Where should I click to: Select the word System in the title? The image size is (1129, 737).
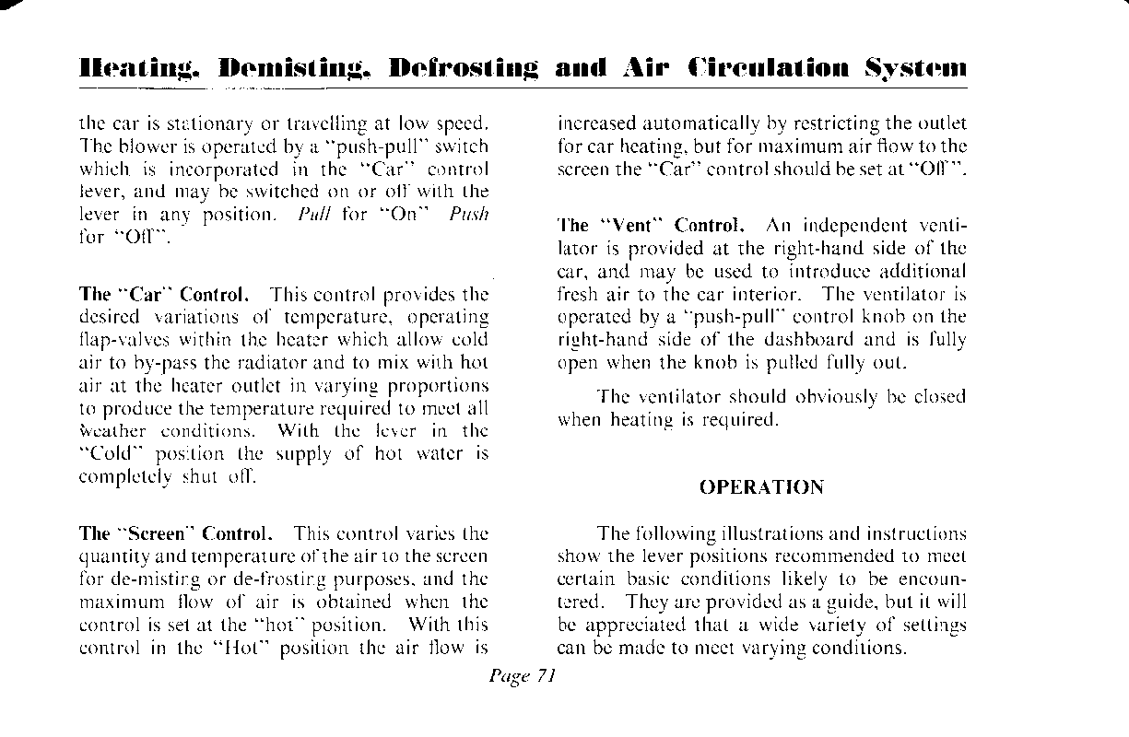pos(915,70)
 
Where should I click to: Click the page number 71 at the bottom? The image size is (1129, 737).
pos(546,676)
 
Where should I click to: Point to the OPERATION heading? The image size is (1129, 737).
pos(761,487)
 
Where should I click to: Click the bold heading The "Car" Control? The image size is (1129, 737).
pos(164,295)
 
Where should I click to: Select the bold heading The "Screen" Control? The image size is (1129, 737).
pos(175,533)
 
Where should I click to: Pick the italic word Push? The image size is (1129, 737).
pos(471,214)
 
